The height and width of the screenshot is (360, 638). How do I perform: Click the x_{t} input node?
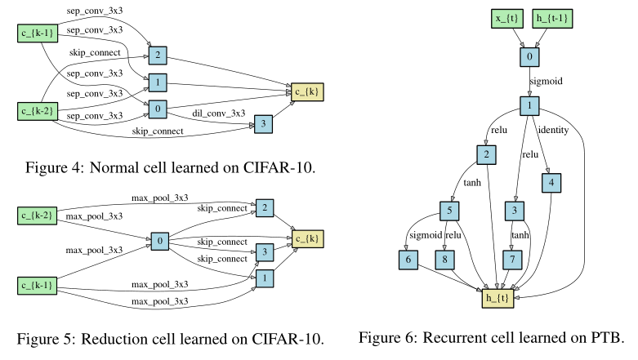click(506, 19)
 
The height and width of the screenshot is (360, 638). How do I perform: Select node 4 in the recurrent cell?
click(552, 184)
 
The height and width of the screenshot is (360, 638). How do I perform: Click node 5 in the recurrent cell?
click(448, 211)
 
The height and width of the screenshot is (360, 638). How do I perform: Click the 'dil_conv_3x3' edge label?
click(219, 113)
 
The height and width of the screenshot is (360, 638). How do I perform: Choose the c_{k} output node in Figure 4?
click(304, 91)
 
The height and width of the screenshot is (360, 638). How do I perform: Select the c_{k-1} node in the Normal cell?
click(38, 33)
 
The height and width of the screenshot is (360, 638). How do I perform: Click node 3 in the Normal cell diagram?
click(264, 124)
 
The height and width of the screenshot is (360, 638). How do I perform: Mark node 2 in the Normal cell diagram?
click(156, 56)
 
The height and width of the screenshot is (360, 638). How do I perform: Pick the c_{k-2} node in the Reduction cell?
click(38, 216)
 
